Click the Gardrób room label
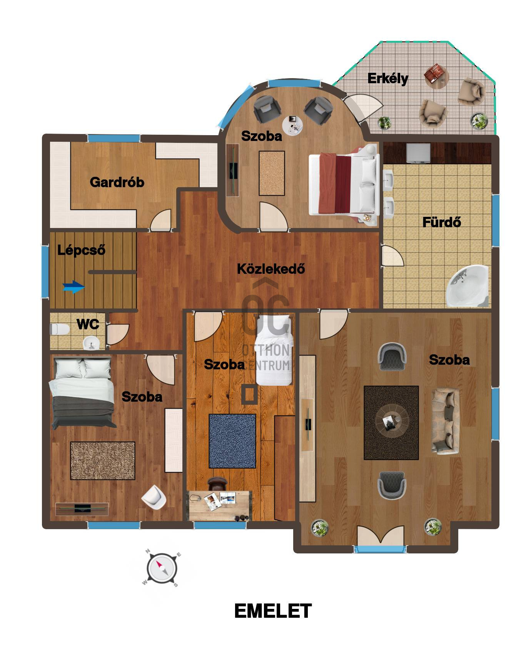click(x=117, y=182)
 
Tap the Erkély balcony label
click(x=387, y=78)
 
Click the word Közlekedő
click(x=271, y=268)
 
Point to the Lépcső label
click(x=81, y=250)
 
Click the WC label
click(x=88, y=324)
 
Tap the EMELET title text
click(x=273, y=611)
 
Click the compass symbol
click(x=161, y=568)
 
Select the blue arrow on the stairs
click(x=73, y=287)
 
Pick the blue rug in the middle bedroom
click(x=232, y=441)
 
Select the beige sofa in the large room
click(x=446, y=421)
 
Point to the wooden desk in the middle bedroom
click(x=220, y=505)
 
